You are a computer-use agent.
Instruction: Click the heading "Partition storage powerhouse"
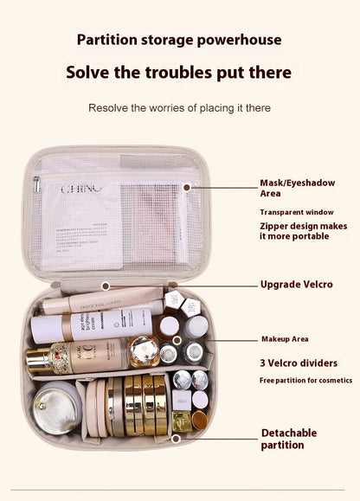coord(179,40)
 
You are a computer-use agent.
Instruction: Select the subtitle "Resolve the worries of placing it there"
coord(179,108)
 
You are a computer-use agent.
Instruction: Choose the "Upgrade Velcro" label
coord(296,285)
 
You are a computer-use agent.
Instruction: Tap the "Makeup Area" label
coord(285,339)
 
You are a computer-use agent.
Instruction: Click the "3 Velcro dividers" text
coord(299,363)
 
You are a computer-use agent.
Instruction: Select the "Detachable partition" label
coord(289,439)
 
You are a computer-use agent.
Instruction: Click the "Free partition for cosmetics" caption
coord(305,381)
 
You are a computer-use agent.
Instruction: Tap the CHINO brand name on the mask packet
coord(81,187)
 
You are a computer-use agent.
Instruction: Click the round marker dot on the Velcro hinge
coord(106,285)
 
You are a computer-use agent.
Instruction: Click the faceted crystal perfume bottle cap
coord(143,351)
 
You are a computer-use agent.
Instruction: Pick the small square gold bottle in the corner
coord(182,421)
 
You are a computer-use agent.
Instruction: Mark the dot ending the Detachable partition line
coord(176,439)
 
